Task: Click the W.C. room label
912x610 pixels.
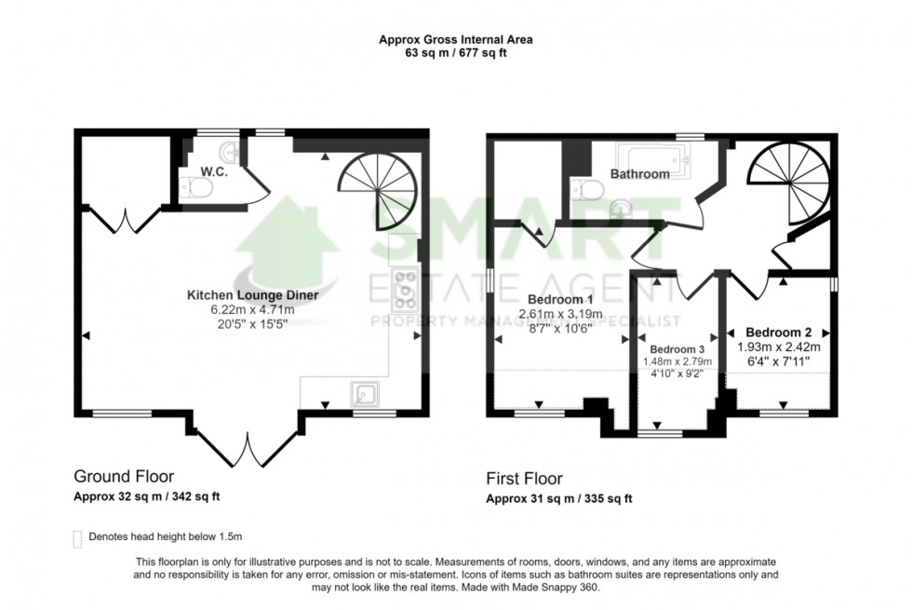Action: [x=214, y=172]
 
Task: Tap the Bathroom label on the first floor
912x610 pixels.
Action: [x=639, y=174]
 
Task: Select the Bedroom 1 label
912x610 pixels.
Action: [x=560, y=299]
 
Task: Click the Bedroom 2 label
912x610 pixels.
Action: [x=779, y=332]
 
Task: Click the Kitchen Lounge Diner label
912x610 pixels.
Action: [x=253, y=295]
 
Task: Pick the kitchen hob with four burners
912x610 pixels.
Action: [x=407, y=289]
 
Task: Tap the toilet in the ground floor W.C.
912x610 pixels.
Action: [x=197, y=189]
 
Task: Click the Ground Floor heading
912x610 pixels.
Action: [x=123, y=477]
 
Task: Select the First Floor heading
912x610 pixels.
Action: [x=524, y=479]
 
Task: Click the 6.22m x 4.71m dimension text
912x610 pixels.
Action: [x=253, y=310]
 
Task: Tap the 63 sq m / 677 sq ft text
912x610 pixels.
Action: [x=455, y=53]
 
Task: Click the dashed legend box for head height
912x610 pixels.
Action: [x=76, y=537]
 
